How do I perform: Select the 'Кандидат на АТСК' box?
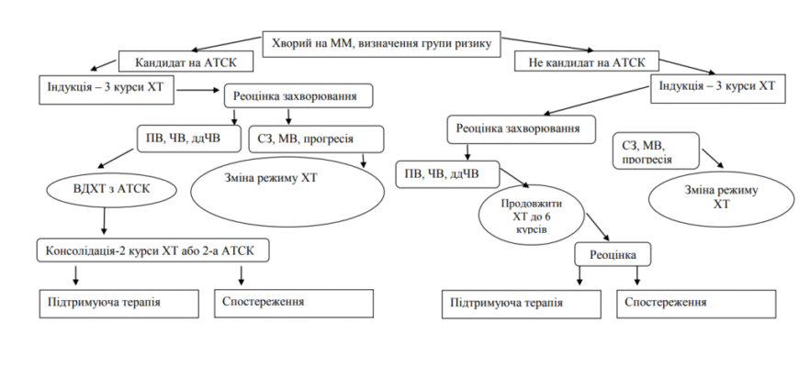[177, 62]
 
